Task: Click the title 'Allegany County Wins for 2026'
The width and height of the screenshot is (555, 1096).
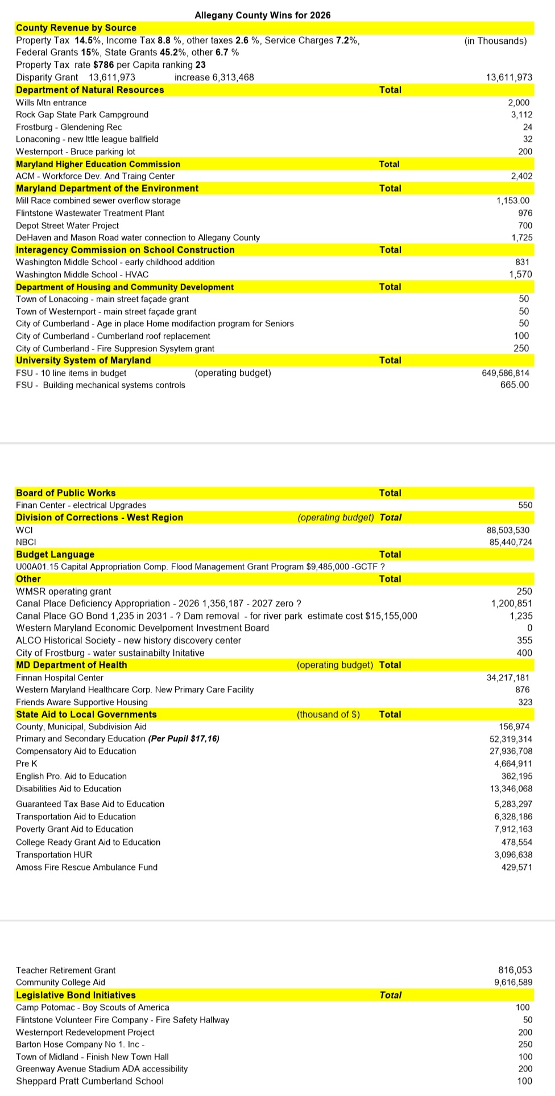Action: click(262, 15)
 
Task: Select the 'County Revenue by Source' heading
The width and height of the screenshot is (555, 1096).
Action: click(76, 28)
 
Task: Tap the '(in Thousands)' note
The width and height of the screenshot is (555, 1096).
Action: click(495, 41)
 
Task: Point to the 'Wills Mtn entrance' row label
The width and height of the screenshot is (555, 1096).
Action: click(51, 103)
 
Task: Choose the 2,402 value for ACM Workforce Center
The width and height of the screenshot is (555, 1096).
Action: click(521, 176)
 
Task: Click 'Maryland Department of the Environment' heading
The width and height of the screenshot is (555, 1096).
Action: click(107, 188)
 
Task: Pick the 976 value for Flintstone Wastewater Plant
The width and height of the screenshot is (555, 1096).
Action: click(525, 214)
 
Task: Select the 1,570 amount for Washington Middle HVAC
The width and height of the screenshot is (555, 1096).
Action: click(520, 275)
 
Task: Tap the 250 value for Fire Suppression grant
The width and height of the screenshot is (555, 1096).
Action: click(521, 348)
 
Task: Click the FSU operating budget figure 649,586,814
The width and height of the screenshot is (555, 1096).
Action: click(505, 373)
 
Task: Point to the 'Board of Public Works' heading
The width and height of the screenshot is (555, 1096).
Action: click(65, 493)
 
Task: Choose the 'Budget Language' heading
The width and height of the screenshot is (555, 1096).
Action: click(55, 555)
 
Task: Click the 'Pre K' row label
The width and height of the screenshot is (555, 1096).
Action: click(27, 764)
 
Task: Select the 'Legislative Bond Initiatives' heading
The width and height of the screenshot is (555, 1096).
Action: click(76, 995)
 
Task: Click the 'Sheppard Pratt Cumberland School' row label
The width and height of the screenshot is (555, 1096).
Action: click(90, 1081)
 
